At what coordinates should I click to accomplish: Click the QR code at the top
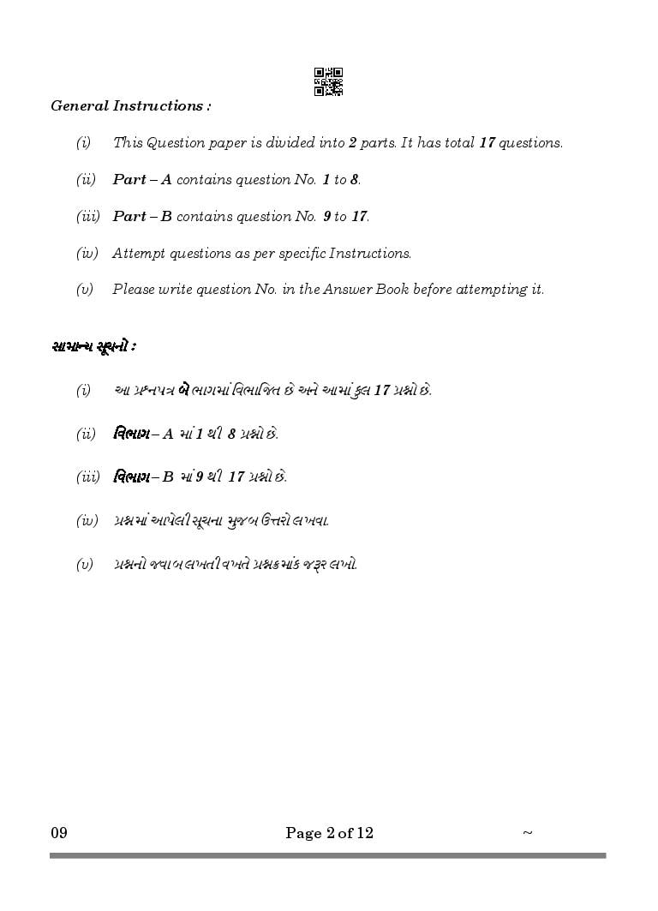click(x=328, y=81)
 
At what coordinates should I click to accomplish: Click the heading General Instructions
click(x=131, y=106)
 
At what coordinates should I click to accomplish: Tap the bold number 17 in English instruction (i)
click(x=487, y=143)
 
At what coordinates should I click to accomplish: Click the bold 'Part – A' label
click(x=142, y=180)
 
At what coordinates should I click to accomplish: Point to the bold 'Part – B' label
click(x=142, y=217)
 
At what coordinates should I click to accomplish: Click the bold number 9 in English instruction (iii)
click(x=326, y=217)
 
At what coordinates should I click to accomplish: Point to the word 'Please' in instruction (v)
click(x=135, y=290)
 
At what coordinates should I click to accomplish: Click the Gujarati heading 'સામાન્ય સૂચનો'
click(x=93, y=346)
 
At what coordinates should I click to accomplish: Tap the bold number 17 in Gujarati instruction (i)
click(x=381, y=391)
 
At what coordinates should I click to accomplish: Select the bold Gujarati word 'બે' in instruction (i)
click(x=183, y=390)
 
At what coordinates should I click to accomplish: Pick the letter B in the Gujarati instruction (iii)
click(x=168, y=477)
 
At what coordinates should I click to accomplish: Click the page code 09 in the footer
click(x=58, y=833)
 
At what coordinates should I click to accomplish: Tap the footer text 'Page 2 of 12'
click(x=329, y=833)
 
